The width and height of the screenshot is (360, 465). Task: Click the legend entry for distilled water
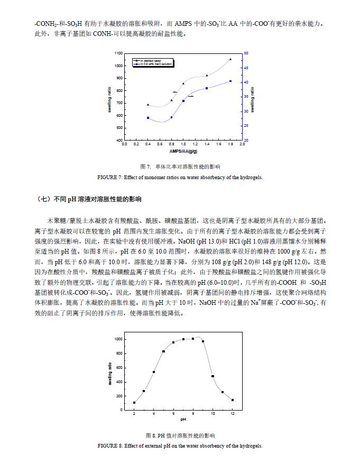pos(154,60)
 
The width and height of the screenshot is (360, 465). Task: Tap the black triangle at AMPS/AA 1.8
pos(230,59)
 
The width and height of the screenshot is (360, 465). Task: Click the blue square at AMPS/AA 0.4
pos(148,118)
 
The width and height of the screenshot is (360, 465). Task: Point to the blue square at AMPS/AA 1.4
pos(207,88)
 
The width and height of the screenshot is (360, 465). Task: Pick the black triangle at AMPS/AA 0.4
pos(148,105)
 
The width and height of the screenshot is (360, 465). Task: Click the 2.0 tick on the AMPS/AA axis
pos(242,144)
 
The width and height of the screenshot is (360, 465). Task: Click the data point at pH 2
pos(134,403)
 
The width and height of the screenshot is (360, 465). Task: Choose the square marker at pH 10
pos(213,376)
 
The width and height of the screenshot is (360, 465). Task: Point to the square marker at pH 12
pos(233,400)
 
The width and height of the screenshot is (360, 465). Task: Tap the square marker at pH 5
pos(164,351)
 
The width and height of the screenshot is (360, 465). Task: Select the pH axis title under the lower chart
pos(183,420)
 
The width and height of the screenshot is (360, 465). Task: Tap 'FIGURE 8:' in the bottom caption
pos(109,446)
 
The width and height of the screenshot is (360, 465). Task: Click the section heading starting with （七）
pos(90,200)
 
